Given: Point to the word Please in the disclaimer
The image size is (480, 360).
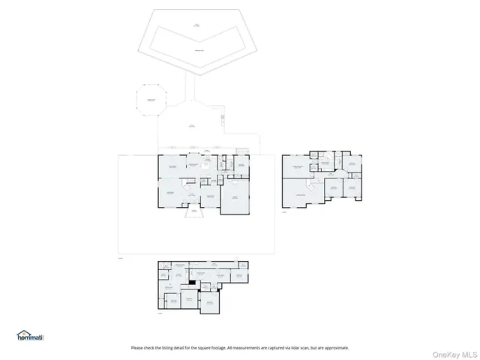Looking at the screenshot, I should [x=136, y=348].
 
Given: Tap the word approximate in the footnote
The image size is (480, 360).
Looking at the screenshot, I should [x=335, y=348].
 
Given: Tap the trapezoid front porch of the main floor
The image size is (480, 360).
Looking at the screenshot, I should [x=193, y=213].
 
